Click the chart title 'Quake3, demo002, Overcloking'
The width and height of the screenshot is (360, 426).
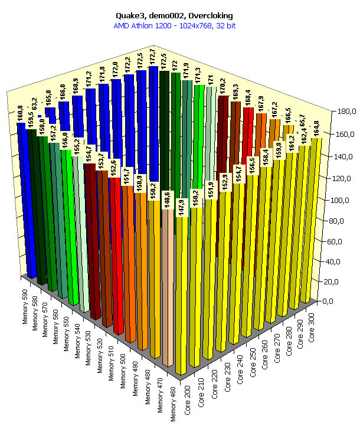179,15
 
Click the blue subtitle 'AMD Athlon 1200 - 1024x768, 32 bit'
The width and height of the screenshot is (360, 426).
179,25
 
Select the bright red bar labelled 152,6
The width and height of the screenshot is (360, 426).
117,254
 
